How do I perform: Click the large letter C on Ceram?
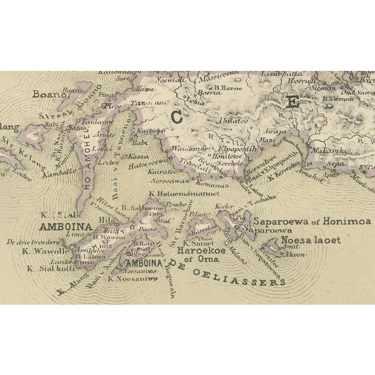pos(175,117)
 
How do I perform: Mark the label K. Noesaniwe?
pos(133,278)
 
